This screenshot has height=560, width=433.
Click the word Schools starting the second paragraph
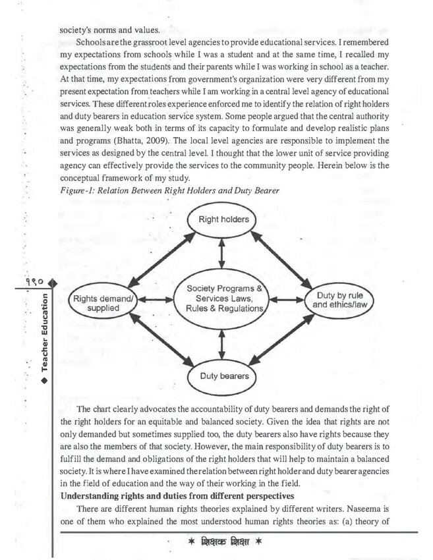[x=92, y=42]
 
